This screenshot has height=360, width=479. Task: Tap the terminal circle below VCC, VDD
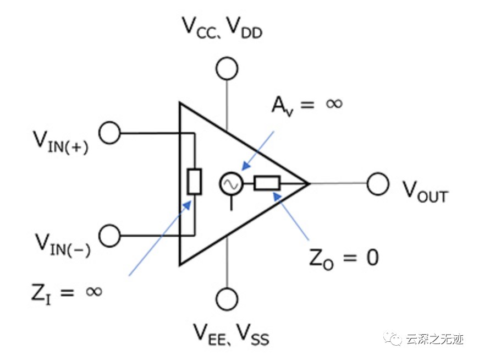pos(227,69)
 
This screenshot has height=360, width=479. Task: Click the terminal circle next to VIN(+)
pos(109,133)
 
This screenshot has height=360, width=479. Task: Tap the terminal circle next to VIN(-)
pos(109,235)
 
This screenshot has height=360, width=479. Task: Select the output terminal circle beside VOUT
pos(378,184)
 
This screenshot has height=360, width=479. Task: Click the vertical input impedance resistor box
pos(194,182)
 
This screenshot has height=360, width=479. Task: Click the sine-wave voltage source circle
pos(230,184)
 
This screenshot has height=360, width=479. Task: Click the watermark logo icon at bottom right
pos(394,337)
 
